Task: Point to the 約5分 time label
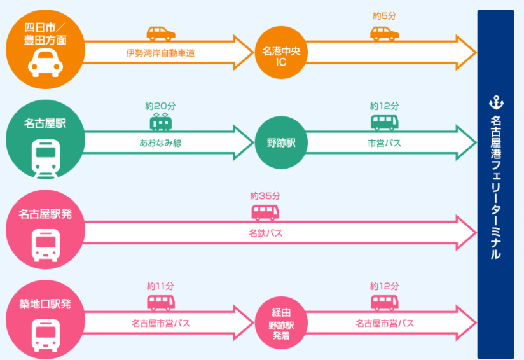[384, 17]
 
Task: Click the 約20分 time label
[160, 106]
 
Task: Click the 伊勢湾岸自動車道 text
[160, 53]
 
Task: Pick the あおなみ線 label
[160, 143]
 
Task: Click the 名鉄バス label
[265, 233]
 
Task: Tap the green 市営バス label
[384, 143]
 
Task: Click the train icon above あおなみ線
[160, 122]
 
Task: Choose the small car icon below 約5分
[384, 32]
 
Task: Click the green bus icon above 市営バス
[384, 122]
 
